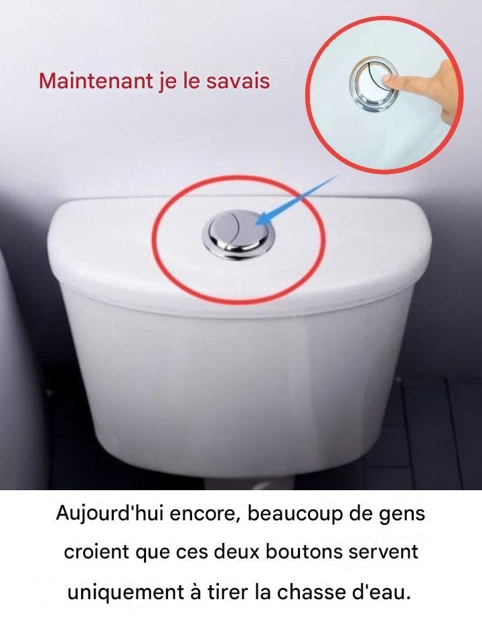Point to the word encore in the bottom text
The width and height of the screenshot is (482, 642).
(205, 514)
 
